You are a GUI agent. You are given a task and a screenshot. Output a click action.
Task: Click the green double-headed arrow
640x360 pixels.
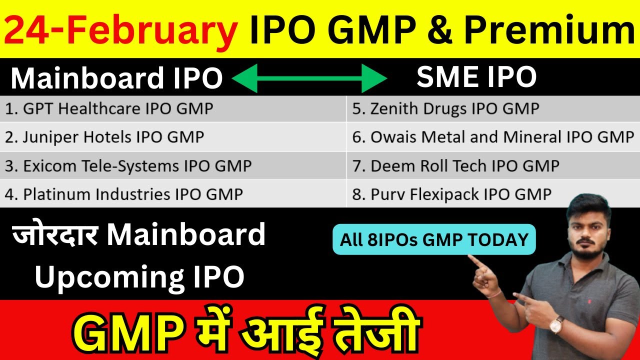point(309,78)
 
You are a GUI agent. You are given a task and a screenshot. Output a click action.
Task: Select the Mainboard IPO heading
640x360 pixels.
point(116,78)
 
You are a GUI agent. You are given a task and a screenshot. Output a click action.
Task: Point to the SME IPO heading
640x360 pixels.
point(476,77)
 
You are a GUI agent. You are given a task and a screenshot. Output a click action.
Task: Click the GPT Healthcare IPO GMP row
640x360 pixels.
point(109,109)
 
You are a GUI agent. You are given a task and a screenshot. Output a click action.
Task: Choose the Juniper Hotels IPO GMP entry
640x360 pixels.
point(104,137)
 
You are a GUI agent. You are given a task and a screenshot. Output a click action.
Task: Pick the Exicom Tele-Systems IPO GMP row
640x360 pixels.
point(128,165)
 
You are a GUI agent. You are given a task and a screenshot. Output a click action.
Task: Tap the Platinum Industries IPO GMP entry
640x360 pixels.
point(123,193)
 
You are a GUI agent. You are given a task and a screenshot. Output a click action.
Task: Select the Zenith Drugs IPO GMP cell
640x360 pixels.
point(445,109)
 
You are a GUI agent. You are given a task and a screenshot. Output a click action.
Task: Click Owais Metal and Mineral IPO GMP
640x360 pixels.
point(493,137)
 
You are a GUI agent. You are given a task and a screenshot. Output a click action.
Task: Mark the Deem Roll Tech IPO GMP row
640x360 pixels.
point(455,165)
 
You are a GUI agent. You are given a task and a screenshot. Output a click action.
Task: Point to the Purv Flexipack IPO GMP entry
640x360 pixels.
point(451,194)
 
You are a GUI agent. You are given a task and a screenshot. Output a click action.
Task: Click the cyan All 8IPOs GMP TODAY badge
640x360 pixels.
point(434,240)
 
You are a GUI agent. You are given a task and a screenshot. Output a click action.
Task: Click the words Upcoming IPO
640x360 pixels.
point(139,276)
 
